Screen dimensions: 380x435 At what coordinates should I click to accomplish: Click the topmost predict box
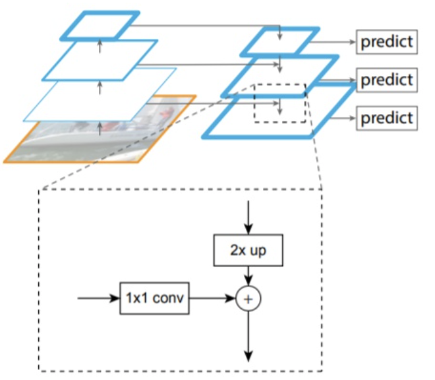(x=388, y=42)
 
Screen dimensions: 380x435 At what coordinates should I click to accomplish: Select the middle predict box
(x=388, y=80)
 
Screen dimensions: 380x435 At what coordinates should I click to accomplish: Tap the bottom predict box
(x=388, y=118)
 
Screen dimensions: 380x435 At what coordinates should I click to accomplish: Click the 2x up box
(x=248, y=251)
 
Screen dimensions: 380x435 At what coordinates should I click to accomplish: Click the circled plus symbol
(x=248, y=299)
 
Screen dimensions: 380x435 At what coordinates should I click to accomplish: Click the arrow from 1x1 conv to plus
(x=212, y=299)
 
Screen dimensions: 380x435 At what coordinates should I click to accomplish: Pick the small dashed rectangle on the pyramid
(x=280, y=103)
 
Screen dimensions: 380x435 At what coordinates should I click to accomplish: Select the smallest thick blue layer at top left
(x=100, y=25)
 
